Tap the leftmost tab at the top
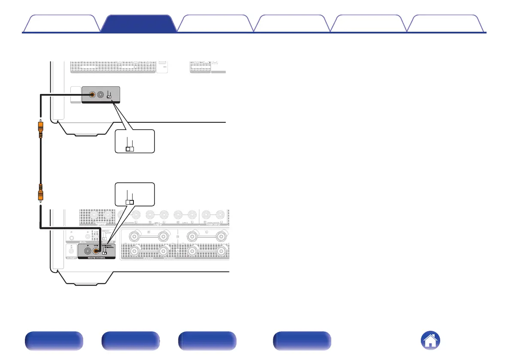[61, 24]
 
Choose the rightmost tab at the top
[446, 24]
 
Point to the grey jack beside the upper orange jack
[101, 95]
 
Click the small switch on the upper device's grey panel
[109, 97]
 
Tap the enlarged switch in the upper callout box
[130, 149]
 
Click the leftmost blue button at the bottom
[53, 341]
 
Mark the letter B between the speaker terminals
[177, 236]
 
